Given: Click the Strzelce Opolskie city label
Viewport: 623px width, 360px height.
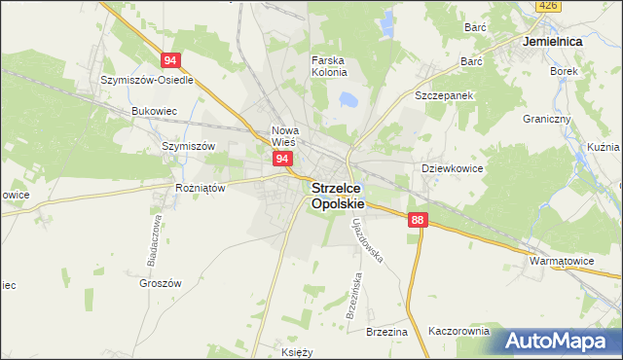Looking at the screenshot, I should click(x=338, y=197).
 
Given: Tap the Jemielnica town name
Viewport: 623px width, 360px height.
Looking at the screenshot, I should click(x=552, y=44).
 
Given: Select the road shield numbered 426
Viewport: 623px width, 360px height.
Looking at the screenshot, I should click(x=548, y=7).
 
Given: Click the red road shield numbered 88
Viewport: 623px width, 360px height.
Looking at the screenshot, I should click(x=418, y=221).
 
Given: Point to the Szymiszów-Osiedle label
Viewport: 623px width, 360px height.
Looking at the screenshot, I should click(x=148, y=80).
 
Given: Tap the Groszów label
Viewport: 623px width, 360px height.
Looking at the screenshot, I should click(x=161, y=283).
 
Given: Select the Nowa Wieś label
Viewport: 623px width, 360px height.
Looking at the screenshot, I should click(x=285, y=136).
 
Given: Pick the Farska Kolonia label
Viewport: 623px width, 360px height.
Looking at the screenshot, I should click(x=329, y=67).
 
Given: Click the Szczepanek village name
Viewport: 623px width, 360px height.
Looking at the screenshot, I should click(x=444, y=97).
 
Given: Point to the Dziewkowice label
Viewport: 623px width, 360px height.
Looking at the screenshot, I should click(x=453, y=168).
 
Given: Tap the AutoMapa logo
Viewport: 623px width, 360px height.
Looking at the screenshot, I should click(x=557, y=342).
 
